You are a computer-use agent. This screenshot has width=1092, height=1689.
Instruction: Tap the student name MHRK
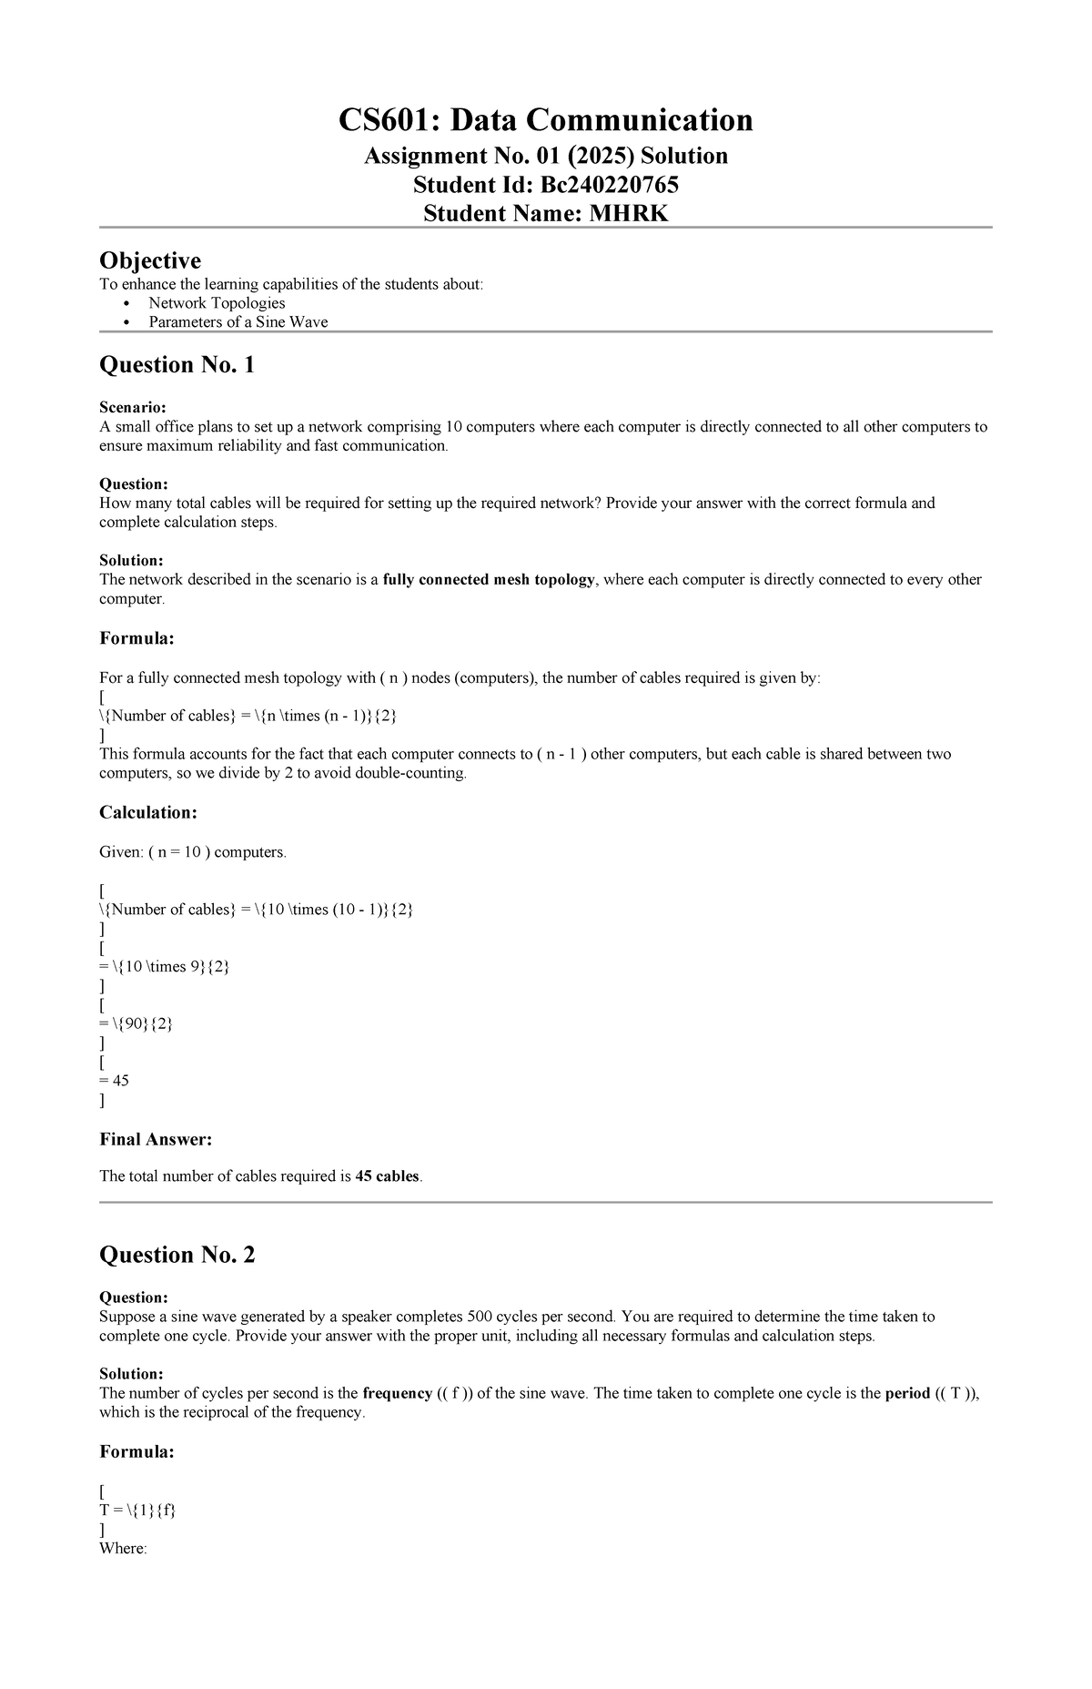pos(628,214)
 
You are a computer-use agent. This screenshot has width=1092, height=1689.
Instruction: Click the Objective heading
pos(149,261)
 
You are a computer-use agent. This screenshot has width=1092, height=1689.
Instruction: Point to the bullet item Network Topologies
pos(217,303)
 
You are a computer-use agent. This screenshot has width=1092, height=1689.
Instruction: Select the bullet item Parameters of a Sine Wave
pos(238,322)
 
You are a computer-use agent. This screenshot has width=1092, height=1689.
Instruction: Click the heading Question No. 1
pos(177,365)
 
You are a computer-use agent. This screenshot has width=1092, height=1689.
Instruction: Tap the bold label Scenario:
pos(133,408)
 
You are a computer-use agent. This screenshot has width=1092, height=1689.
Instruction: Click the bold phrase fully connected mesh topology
pos(489,580)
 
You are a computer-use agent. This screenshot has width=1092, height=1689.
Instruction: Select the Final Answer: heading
pos(155,1139)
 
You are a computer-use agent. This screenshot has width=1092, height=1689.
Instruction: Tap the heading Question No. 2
pos(177,1256)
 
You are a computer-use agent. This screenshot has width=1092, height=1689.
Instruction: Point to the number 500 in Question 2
pos(480,1317)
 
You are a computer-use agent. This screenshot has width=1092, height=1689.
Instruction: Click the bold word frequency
pos(397,1393)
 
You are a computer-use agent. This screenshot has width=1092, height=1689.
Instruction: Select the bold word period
pos(906,1393)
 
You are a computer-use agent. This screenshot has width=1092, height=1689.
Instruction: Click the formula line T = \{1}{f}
pos(137,1511)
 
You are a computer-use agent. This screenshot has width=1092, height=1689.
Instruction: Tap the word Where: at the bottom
pos(123,1549)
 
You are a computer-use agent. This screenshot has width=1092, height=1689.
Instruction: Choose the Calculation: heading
pos(147,812)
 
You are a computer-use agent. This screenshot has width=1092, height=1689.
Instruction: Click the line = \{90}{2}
pos(136,1023)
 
